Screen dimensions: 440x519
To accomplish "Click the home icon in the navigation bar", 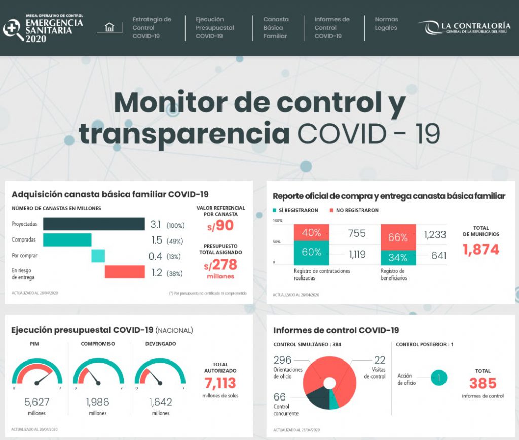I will point(109,27).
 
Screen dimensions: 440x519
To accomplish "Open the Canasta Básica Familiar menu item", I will point(276,28).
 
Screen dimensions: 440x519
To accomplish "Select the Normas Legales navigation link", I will point(386,24).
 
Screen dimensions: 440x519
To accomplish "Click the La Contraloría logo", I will point(464,28).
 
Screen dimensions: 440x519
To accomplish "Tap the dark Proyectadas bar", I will point(94,224).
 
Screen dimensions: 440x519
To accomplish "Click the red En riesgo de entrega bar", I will point(125,272).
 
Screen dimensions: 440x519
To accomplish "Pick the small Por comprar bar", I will point(98,256).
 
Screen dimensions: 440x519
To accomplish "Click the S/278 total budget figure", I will point(220,264).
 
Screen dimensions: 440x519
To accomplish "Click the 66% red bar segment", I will point(398,237).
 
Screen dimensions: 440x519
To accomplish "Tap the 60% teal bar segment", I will point(311,252).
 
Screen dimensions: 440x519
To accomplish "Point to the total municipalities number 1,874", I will point(480,250).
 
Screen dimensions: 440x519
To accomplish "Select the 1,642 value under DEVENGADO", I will point(160,403).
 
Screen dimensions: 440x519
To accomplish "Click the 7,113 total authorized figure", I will point(220,382).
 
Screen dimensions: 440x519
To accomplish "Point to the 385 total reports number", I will point(483,383).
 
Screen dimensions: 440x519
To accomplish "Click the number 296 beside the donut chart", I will point(282,360).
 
